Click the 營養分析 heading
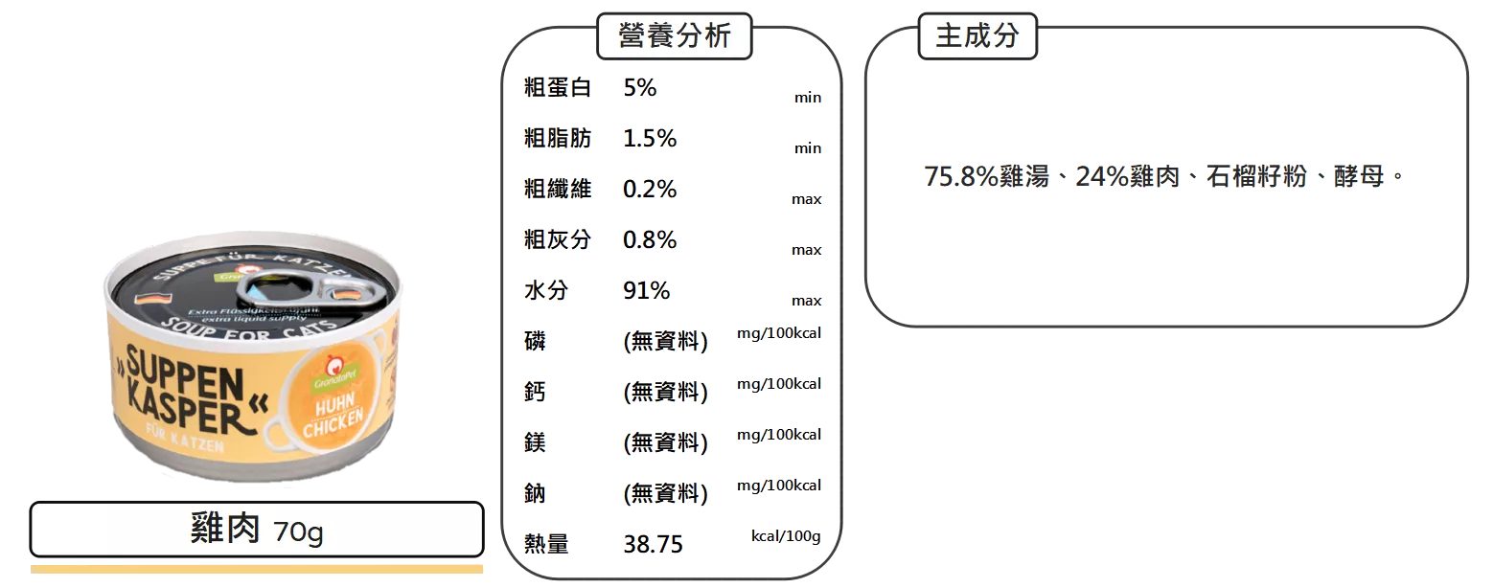[675, 36]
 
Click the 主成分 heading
[977, 36]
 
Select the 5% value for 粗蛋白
[639, 88]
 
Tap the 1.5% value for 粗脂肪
[649, 139]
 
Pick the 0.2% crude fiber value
[649, 189]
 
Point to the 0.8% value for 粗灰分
[649, 239]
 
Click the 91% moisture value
[645, 290]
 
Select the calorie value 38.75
[652, 545]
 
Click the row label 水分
[544, 290]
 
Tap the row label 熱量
[544, 545]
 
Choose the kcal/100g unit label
[785, 535]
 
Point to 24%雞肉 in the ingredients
[1127, 178]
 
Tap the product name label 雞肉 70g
[257, 530]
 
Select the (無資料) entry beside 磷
[665, 341]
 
